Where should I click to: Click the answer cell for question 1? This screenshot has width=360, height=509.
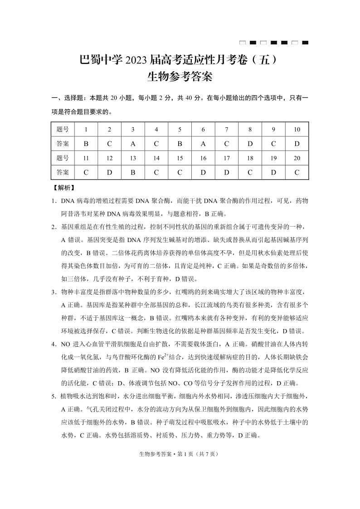tap(86, 144)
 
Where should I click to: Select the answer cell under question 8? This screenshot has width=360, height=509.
tap(250, 144)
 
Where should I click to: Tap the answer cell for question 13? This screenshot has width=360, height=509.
tap(133, 172)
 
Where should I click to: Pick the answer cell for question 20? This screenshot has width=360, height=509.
tap(297, 172)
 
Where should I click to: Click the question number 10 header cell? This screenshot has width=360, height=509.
tap(297, 129)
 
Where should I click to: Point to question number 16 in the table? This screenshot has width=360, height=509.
tap(203, 158)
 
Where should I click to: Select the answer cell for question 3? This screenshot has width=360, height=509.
tap(133, 144)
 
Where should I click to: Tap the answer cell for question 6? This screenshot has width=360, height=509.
tap(203, 144)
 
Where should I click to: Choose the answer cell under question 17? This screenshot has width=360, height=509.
tap(227, 172)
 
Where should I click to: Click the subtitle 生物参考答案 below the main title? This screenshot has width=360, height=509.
tap(180, 77)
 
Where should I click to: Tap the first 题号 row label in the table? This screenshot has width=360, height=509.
tap(63, 129)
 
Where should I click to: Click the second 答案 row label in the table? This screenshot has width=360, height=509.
tap(63, 172)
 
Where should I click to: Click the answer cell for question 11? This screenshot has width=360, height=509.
tap(86, 172)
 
